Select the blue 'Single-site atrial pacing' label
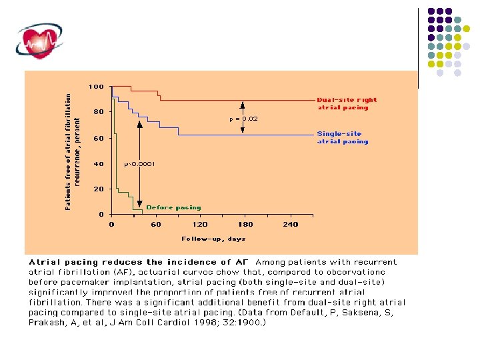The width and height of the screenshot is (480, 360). point(343,137)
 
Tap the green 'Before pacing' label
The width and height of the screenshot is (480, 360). point(173,207)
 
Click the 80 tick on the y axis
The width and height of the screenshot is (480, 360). point(98,112)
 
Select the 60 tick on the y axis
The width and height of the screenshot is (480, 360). point(98,138)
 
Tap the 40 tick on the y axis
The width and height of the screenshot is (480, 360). point(98,163)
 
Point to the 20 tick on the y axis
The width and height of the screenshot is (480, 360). point(98,189)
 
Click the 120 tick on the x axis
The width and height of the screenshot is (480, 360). point(200,225)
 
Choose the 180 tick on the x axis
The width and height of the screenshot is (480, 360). point(245,225)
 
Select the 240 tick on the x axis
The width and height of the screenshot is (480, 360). point(290,225)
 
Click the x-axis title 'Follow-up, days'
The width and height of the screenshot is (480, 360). point(213,239)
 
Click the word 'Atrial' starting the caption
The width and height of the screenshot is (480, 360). point(44,262)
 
